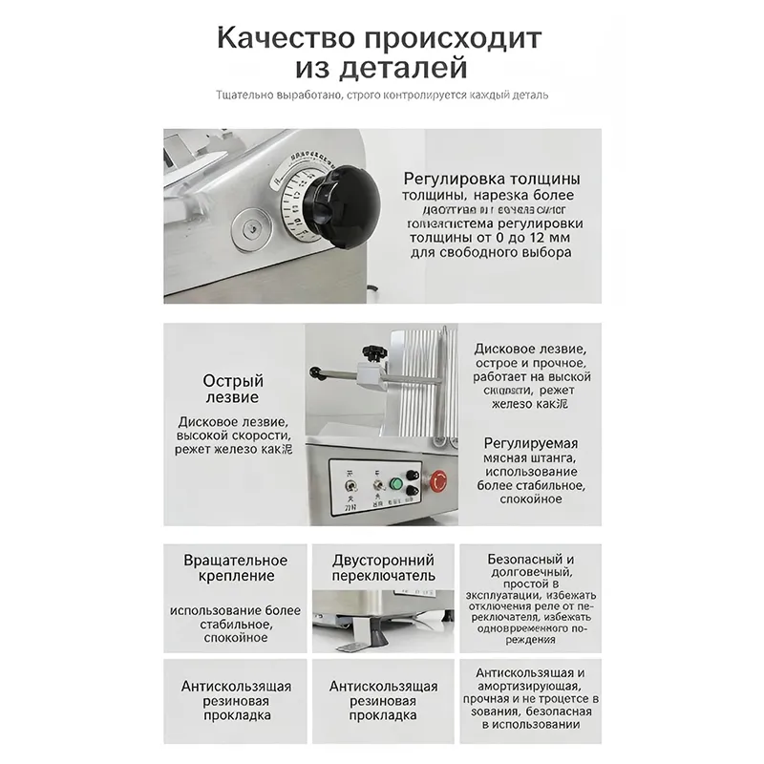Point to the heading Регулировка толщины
point(491,179)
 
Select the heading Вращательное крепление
point(235,567)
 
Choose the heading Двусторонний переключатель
point(383,567)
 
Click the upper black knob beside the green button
point(412,474)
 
